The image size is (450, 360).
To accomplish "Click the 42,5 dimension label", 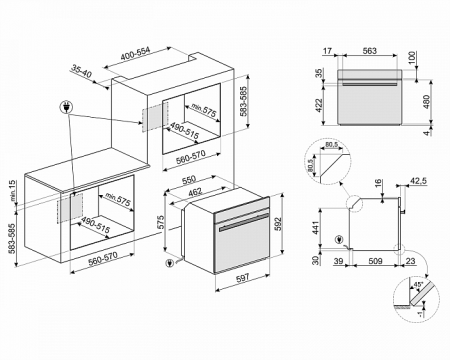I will click(418, 182).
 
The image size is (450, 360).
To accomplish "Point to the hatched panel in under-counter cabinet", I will click(68, 206).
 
